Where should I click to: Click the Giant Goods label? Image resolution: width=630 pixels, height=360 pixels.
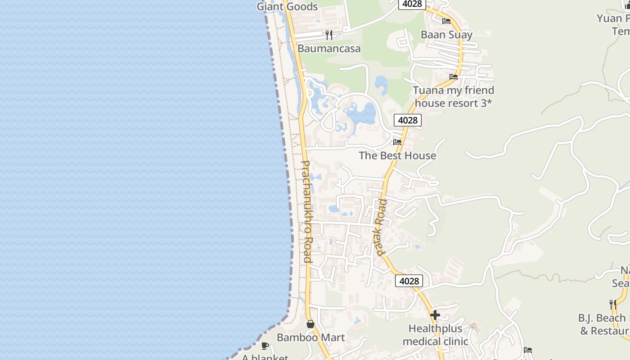[x=287, y=7]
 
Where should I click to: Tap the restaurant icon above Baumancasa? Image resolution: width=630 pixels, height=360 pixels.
[x=329, y=35]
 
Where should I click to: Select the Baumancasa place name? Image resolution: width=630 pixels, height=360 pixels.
[x=329, y=49]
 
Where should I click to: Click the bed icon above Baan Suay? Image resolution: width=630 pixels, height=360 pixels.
[x=446, y=21]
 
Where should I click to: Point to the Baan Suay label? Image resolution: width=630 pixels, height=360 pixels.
[x=446, y=35]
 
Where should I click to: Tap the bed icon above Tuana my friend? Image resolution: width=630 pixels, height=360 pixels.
[x=454, y=77]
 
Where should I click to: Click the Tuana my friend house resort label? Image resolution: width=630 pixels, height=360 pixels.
[x=454, y=97]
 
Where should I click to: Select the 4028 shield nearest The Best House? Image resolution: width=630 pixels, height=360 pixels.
[x=408, y=120]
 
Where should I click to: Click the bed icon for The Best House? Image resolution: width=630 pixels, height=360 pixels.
[x=397, y=142]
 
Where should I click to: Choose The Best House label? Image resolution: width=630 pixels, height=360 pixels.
[x=397, y=156]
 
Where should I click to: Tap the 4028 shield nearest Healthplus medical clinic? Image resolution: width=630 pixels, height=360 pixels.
[x=409, y=281]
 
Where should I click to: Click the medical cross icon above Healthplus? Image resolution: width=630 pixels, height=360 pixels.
[x=435, y=315]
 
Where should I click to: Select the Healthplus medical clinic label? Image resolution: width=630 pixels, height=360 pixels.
[x=435, y=335]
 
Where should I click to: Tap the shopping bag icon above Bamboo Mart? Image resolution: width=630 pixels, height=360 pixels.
[x=310, y=324]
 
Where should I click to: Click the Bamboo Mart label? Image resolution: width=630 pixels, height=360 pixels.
[x=311, y=337]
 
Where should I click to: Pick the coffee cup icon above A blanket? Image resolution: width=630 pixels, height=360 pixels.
[x=265, y=346]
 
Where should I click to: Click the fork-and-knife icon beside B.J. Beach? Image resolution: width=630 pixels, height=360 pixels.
[x=613, y=305]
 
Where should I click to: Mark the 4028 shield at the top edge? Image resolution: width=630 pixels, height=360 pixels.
[x=412, y=4]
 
